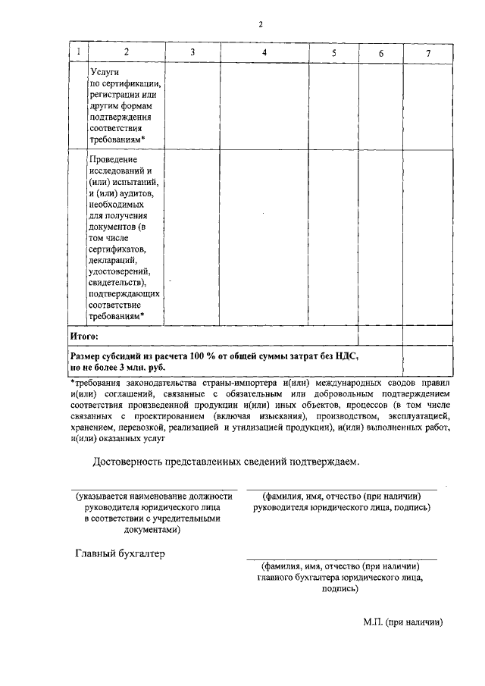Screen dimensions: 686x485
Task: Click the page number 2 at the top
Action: coord(260,24)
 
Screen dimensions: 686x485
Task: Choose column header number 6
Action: coord(380,52)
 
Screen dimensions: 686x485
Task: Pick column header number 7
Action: coord(428,52)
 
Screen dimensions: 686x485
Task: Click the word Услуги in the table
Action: coord(104,70)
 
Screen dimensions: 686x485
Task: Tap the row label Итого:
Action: coord(84,334)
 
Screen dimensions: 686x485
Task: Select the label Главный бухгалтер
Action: coord(119,553)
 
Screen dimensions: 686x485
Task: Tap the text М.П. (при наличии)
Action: coord(402,622)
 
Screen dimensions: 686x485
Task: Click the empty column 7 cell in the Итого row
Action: coord(428,334)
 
